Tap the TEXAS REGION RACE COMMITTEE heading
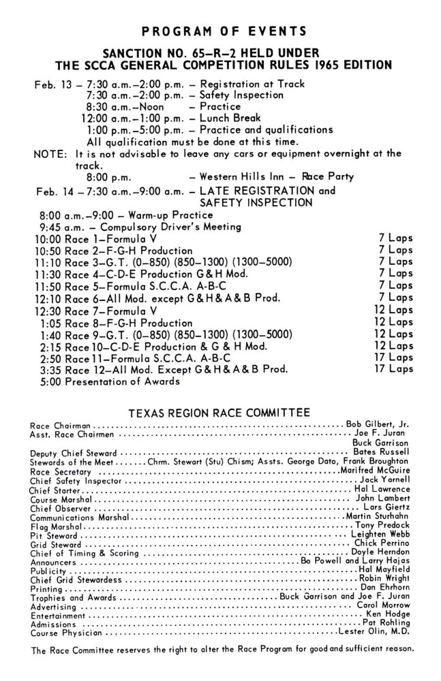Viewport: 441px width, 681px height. pos(220,412)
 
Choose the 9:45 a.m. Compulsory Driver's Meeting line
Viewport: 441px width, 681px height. pos(129,227)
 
